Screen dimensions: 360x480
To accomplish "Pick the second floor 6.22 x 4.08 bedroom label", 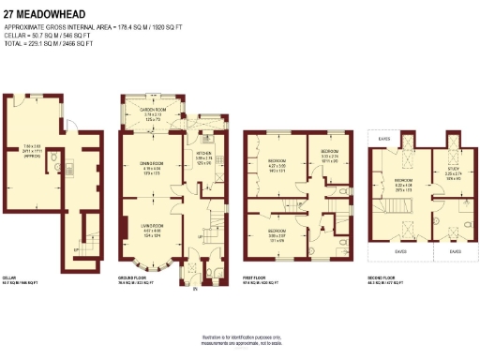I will tap(402, 185).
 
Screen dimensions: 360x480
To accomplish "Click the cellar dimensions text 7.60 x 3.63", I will tap(32, 150).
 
